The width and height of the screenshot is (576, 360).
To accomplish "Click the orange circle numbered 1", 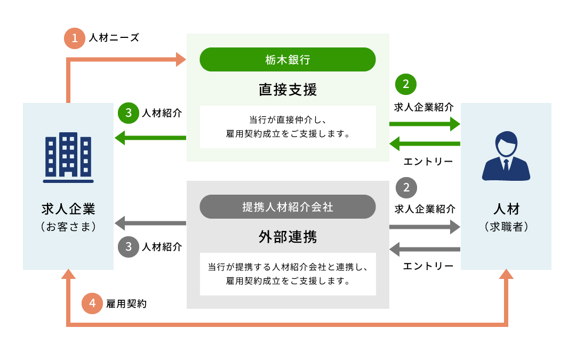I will coord(75,38).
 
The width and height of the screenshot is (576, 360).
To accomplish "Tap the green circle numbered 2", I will coord(406,84).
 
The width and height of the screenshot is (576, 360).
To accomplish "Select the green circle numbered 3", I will coord(129,113).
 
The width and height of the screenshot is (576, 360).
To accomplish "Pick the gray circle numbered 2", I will coord(406,188).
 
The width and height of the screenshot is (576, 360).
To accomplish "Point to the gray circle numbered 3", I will coord(129,247).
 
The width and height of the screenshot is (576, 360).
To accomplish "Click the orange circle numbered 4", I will coord(92,303).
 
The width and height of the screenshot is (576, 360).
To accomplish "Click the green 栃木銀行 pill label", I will coord(287,60).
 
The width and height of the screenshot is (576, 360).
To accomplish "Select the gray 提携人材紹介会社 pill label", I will coord(287,207).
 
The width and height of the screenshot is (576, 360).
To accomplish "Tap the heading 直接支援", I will coord(287,90).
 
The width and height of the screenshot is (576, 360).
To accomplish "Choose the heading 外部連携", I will coord(287,237).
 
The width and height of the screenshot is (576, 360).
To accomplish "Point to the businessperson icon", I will coord(506,156).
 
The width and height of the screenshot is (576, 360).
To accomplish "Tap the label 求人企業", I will coord(68,208).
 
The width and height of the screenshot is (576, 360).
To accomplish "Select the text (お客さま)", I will coord(68,227).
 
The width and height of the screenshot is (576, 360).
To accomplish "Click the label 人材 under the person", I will coord(506,208).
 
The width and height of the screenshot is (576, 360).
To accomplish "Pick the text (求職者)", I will coord(506,227).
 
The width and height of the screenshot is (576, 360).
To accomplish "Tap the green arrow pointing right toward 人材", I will coord(425,124).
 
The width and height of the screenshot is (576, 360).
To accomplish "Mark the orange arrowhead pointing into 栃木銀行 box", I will coord(181,60).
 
